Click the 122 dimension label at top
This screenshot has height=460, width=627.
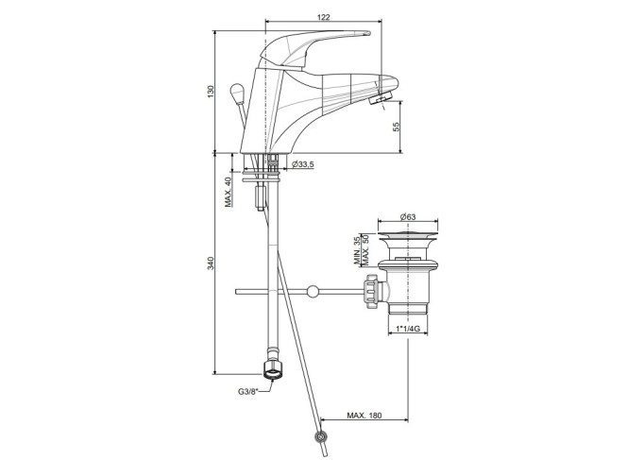coord(324,17)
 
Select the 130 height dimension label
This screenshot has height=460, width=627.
coord(212,92)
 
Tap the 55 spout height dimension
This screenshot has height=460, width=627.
coord(396,127)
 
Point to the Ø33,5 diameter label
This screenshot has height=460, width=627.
coord(303,164)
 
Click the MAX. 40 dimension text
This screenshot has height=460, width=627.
coord(229,192)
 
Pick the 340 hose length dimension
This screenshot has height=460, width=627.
coord(212,263)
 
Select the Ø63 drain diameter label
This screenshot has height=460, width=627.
coord(408,217)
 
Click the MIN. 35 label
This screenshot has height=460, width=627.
coord(357,251)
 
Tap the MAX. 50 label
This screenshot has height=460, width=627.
coord(364,250)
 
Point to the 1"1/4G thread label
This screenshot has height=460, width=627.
coord(408,329)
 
